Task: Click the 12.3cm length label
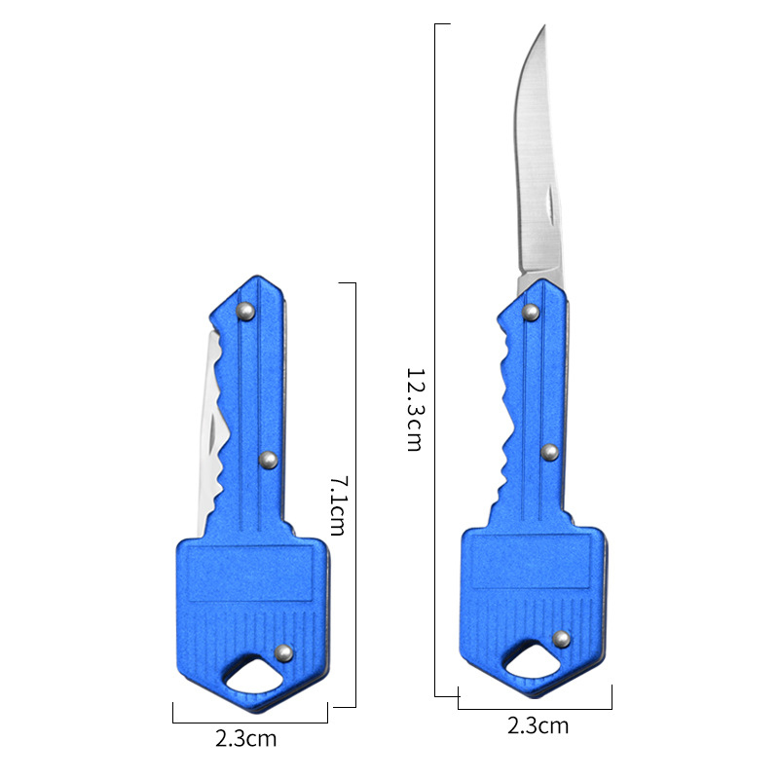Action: tap(414, 409)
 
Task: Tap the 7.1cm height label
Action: tap(338, 505)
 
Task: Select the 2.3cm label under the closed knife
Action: tap(246, 739)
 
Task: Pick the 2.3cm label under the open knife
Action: tap(538, 725)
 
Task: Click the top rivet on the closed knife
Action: tap(245, 312)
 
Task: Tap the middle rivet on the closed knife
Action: tap(269, 460)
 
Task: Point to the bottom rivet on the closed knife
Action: tap(284, 652)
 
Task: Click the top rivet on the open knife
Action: tap(531, 312)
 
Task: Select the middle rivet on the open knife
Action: tap(549, 452)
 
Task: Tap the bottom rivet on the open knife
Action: tap(562, 639)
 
